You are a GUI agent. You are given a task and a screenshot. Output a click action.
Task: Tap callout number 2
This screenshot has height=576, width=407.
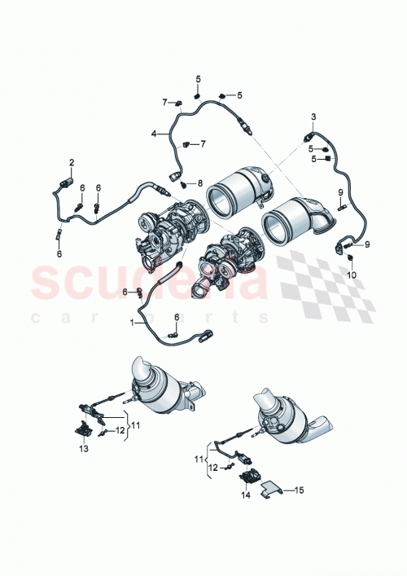(71, 163)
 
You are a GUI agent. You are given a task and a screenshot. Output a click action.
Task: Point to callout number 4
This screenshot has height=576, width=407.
(154, 133)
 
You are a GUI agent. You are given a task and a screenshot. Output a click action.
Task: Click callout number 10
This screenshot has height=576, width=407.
(352, 275)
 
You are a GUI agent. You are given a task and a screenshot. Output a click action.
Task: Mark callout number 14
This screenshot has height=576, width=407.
(245, 495)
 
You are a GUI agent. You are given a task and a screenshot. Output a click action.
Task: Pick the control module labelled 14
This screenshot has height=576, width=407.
(247, 477)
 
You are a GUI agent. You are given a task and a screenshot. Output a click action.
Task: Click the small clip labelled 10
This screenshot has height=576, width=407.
(349, 259)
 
